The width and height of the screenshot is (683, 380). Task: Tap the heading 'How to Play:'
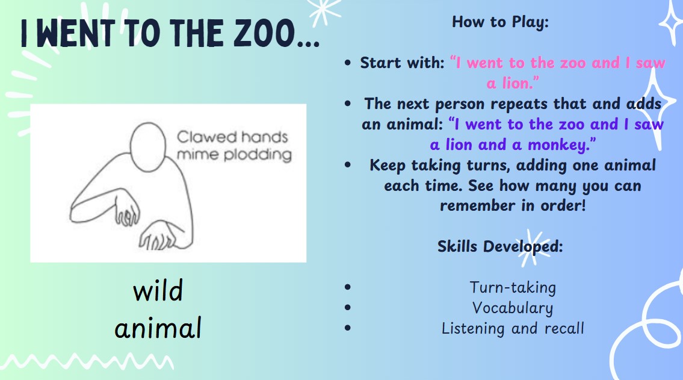tap(500, 22)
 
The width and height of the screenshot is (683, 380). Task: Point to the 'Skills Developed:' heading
tap(500, 247)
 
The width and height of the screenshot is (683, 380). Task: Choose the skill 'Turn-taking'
tap(513, 288)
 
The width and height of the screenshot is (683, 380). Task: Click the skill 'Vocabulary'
tap(513, 308)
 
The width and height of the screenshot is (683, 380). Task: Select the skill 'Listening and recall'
tap(513, 329)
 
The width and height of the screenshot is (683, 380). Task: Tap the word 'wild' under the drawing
tap(158, 291)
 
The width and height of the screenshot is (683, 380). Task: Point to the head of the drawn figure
tap(148, 148)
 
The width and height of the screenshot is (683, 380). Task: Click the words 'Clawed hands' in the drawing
tap(232, 137)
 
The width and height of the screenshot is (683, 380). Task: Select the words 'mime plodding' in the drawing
tap(234, 155)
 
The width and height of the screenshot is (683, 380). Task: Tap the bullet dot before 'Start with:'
tap(347, 63)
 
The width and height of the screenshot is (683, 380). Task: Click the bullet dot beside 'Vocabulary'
tap(347, 307)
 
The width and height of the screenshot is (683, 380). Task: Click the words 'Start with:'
tap(402, 63)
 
